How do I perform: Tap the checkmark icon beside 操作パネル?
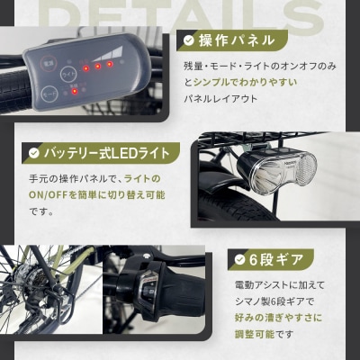[x=189, y=40]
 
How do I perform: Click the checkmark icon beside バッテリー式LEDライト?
[x=33, y=153]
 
